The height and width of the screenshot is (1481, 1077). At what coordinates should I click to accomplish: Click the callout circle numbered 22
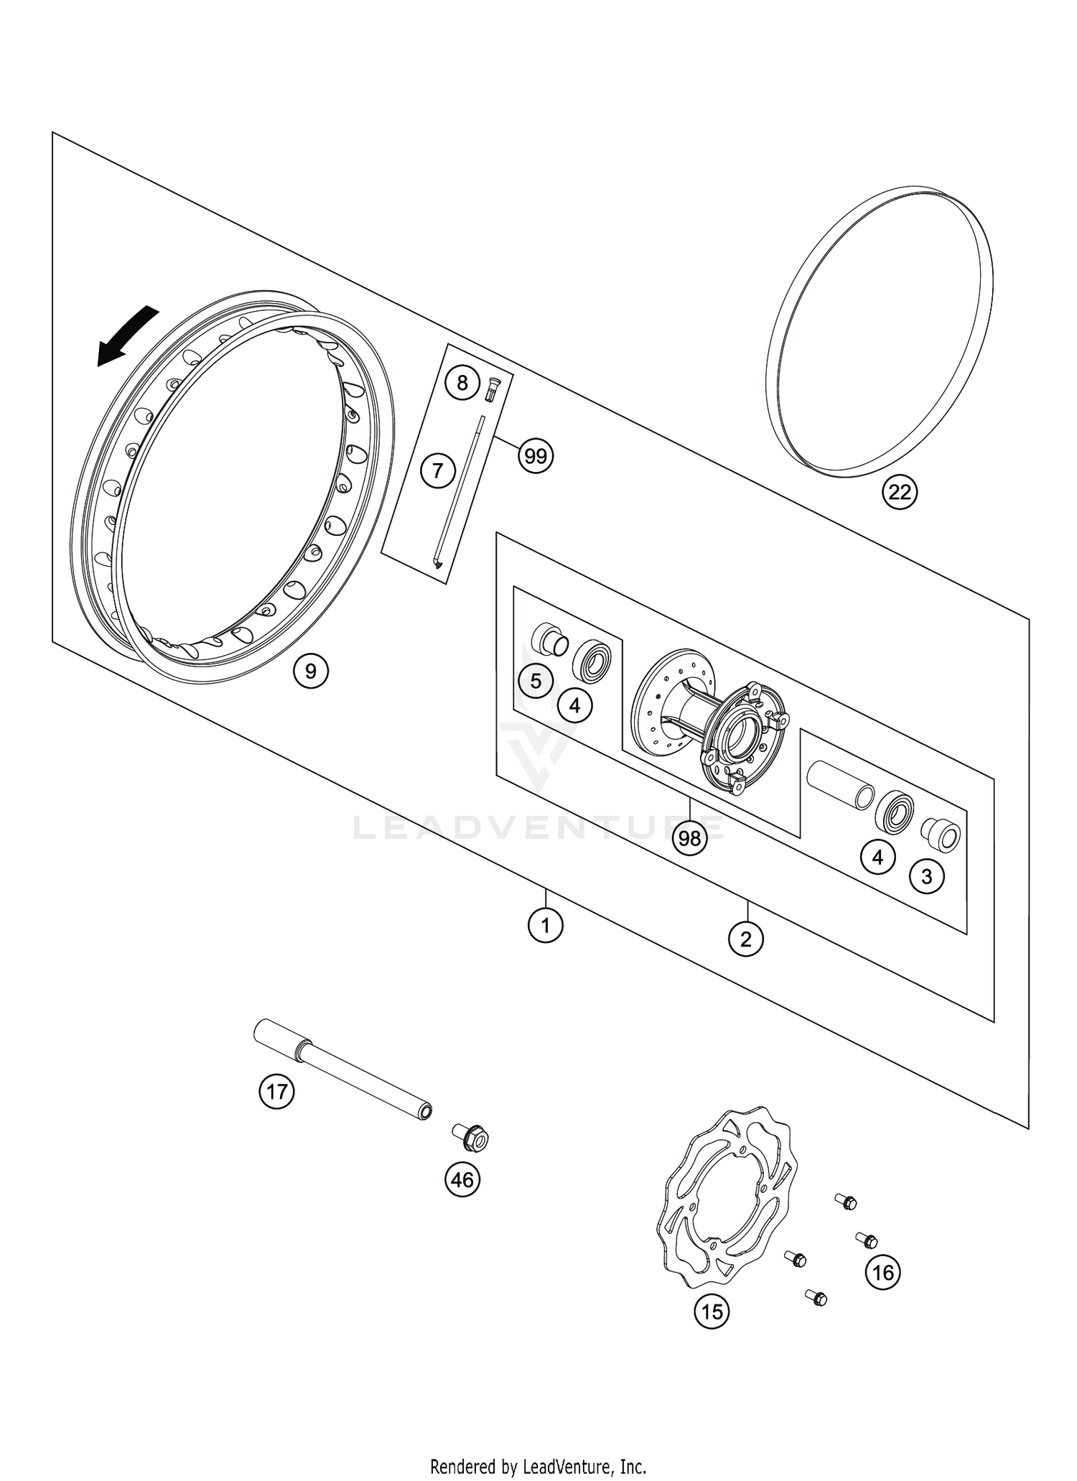[899, 492]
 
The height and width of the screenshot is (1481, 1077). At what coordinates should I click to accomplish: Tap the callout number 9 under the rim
[310, 671]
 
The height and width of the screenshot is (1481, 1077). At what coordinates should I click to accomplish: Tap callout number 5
[536, 680]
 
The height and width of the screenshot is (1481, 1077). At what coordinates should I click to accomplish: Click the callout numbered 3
[926, 876]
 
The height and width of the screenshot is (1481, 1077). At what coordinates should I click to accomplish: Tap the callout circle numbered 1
[545, 926]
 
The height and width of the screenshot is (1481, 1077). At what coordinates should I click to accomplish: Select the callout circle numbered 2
[745, 938]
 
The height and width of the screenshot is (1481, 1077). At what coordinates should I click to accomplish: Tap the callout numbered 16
[883, 1272]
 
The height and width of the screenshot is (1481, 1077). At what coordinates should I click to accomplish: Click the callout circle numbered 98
[689, 838]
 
